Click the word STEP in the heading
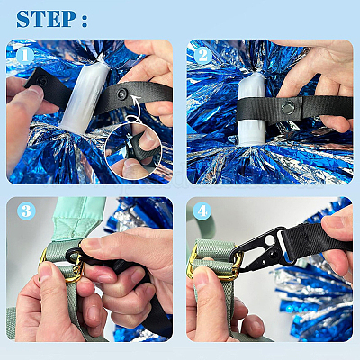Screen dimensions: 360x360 (46, 19)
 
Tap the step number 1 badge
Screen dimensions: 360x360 (25, 56)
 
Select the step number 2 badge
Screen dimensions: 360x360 (202, 56)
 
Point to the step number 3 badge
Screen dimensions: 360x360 (26, 211)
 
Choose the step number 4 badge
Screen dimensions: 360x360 (202, 211)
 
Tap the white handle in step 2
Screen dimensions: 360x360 (252, 110)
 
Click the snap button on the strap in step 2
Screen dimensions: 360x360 (288, 107)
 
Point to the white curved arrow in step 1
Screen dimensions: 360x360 (134, 109)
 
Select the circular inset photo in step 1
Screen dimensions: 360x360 (133, 150)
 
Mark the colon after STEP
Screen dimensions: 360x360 (85, 21)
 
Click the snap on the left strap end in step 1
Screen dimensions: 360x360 (41, 81)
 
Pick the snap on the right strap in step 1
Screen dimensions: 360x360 (121, 94)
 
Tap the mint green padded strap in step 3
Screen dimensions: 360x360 (78, 219)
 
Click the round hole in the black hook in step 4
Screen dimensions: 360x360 (269, 239)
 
